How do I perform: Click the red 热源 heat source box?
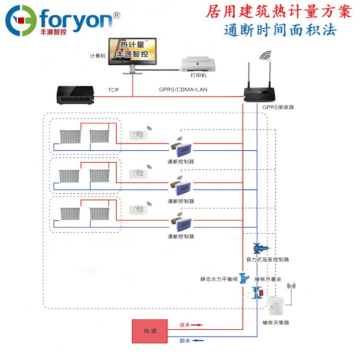tap(149, 331)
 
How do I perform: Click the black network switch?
tap(75, 95)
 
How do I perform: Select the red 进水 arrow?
tap(197, 325)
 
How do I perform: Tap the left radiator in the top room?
tap(69, 136)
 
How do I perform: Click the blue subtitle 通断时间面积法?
tap(280, 30)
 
